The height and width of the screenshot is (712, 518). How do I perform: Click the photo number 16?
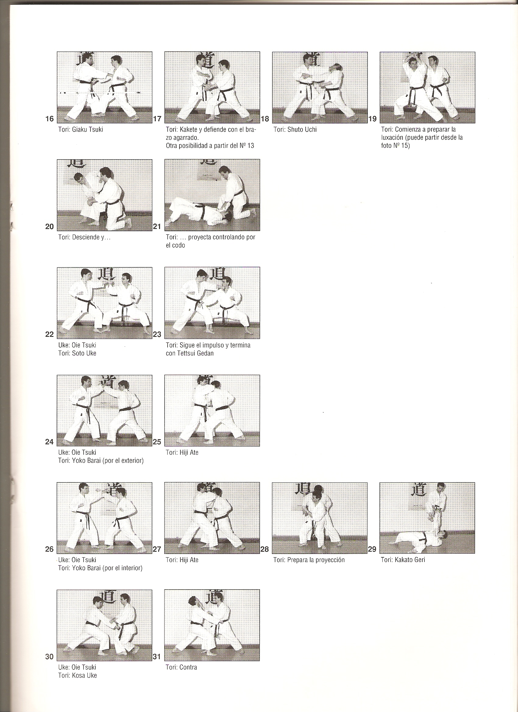(49, 119)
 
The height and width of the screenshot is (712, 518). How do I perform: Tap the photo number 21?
(157, 226)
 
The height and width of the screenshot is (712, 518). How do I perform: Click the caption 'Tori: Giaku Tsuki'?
(80, 129)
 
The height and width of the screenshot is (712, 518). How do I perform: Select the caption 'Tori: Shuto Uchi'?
(295, 129)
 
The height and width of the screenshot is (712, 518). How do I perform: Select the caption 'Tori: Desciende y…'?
(84, 237)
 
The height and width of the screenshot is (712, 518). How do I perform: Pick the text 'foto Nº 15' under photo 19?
(395, 146)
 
